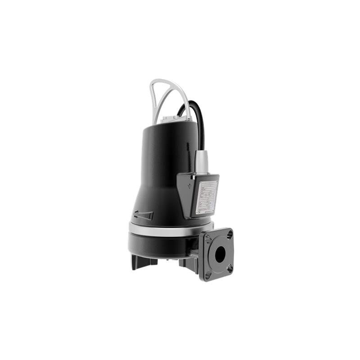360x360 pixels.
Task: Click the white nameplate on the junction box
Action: coord(207,197)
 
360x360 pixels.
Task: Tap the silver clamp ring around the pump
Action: coord(162,230)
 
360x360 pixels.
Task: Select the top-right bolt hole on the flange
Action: coord(229,234)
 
